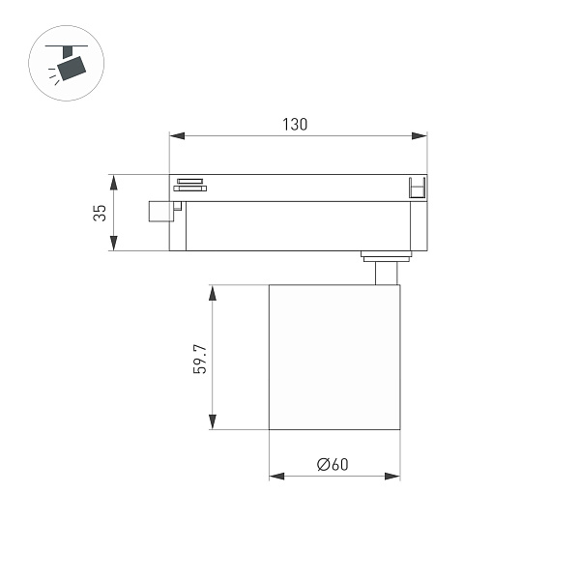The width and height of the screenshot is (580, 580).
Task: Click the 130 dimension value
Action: click(295, 124)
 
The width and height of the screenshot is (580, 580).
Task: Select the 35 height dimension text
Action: click(101, 213)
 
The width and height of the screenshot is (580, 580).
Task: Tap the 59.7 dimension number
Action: click(200, 358)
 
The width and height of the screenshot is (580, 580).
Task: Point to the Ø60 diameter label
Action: click(333, 464)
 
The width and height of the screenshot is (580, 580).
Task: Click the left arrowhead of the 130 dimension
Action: click(177, 136)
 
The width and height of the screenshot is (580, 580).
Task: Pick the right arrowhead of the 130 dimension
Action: click(420, 136)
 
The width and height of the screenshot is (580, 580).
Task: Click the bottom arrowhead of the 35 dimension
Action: click(114, 244)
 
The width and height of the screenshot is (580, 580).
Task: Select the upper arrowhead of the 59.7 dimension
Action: click(211, 292)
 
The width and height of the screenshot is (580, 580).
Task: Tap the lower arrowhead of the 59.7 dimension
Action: click(211, 421)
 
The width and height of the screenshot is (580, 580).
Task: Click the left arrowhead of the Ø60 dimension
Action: click(276, 476)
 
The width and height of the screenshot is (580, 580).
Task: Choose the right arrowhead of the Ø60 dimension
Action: click(392, 476)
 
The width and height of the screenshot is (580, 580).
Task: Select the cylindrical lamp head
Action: click(333, 357)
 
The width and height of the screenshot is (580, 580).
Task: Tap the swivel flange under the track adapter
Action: click(386, 255)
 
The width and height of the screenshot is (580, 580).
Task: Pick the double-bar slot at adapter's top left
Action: click(188, 185)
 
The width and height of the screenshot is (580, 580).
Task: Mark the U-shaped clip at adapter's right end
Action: click(417, 188)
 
